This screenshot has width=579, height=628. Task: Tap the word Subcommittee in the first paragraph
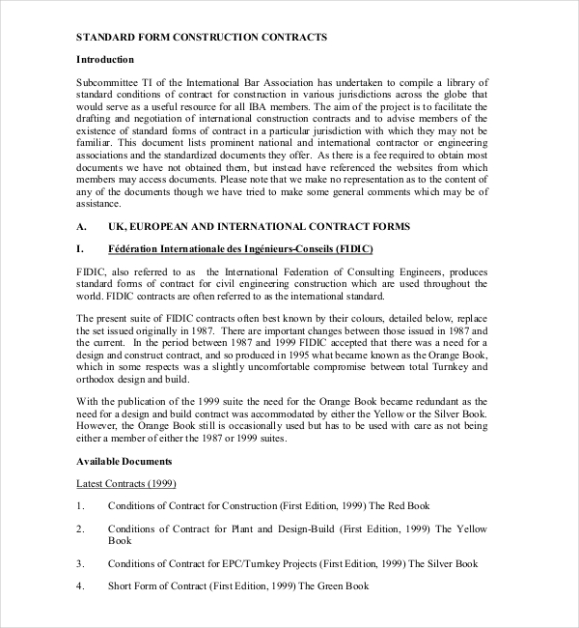[109, 83]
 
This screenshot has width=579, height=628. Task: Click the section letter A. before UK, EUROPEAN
[81, 226]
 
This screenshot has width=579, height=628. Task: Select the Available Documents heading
[124, 461]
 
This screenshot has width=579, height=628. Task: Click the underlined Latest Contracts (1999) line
[125, 483]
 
